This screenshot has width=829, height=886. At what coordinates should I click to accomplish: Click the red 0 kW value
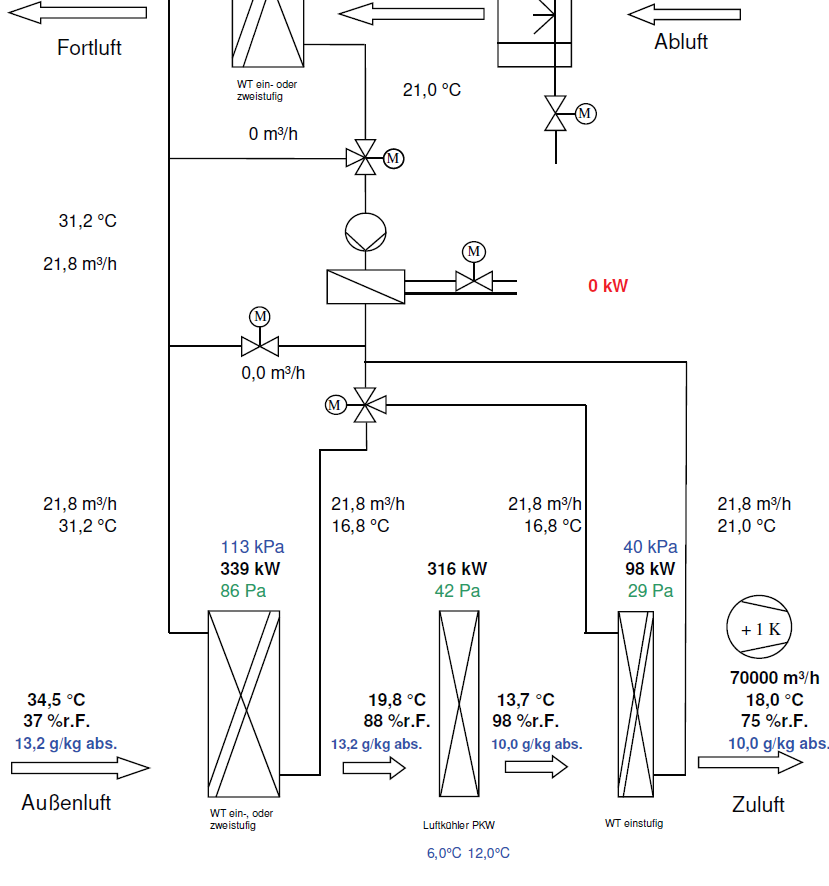[x=608, y=286]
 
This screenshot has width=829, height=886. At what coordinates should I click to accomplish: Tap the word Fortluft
[x=89, y=47]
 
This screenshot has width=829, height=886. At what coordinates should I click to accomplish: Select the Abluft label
[x=681, y=42]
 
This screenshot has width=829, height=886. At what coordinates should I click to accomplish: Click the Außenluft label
[x=66, y=803]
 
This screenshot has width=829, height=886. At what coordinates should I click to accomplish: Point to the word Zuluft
[x=758, y=805]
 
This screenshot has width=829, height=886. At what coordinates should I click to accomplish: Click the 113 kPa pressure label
[x=252, y=547]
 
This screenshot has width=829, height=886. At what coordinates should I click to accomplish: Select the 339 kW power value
[x=250, y=569]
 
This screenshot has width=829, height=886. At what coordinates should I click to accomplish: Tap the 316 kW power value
[x=457, y=569]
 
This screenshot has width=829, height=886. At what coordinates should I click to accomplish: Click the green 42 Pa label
[x=457, y=591]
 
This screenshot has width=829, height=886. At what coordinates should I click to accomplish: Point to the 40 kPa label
[x=650, y=547]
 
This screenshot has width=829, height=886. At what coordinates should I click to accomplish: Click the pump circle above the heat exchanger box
[x=365, y=232]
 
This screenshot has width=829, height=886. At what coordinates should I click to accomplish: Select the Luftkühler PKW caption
[x=459, y=826]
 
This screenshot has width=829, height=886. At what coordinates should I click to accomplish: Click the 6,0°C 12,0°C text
[x=468, y=853]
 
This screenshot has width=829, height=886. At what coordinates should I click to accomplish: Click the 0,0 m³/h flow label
[x=273, y=373]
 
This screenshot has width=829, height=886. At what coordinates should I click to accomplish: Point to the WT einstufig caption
[x=633, y=824]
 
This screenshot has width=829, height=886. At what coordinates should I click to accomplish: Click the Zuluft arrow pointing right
[x=750, y=762]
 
